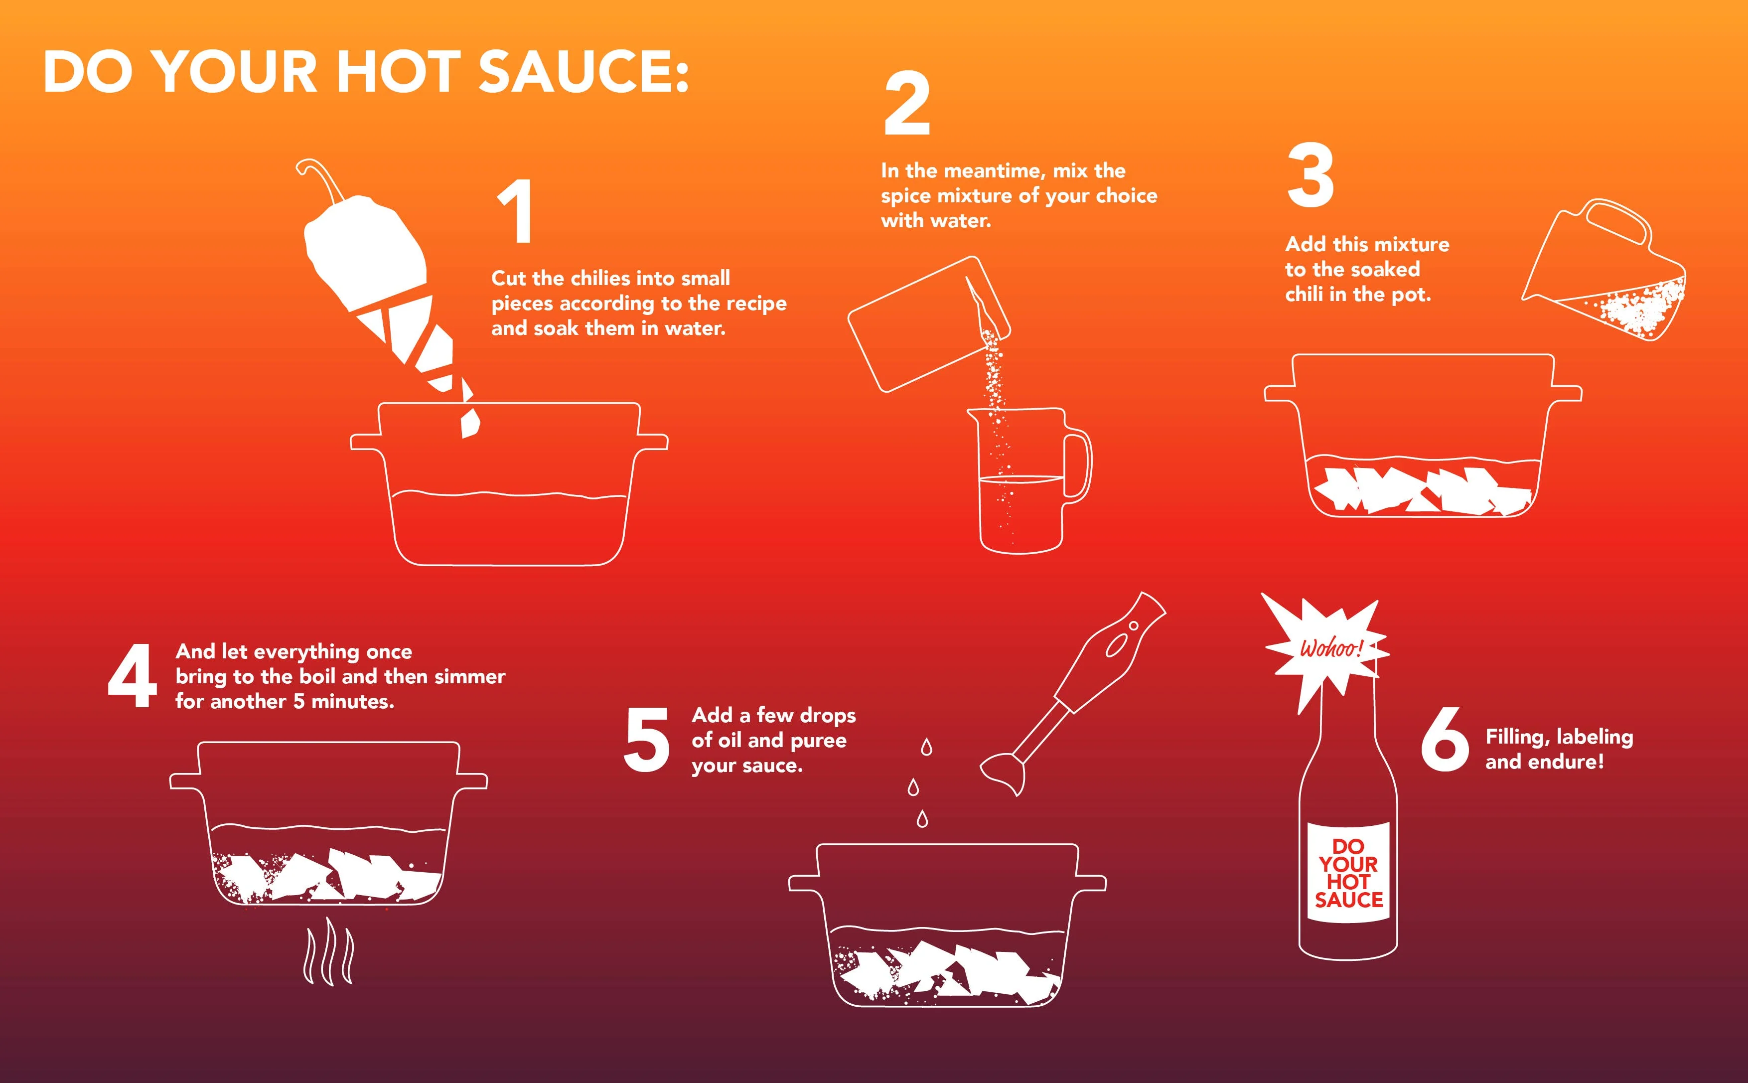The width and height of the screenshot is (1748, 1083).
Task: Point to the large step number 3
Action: click(1311, 175)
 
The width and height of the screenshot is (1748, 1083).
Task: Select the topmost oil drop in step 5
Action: click(927, 747)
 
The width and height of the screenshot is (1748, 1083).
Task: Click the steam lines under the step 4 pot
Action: click(329, 957)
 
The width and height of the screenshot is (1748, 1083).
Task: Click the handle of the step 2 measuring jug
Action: click(1078, 465)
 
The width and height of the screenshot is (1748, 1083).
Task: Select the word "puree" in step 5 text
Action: click(819, 741)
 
